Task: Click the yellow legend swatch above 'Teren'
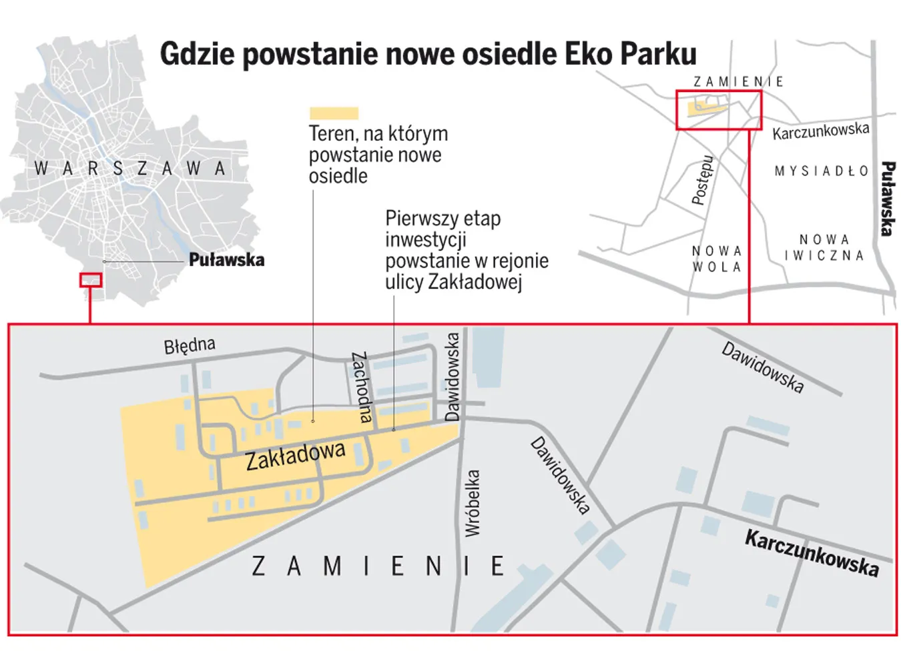point(334,113)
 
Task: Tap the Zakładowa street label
point(295,456)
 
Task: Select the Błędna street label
point(190,346)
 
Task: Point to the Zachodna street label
point(361,387)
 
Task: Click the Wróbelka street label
point(473,503)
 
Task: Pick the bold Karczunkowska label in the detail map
point(812,553)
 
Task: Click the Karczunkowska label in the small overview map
point(820,131)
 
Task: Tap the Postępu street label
point(701,179)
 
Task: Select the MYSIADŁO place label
point(822,171)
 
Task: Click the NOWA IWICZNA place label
point(824,247)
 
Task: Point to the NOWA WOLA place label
point(717,259)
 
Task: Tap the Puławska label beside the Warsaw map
point(226,259)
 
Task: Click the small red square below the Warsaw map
point(91,280)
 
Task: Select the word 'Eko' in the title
point(589,54)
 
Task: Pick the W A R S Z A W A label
point(130,169)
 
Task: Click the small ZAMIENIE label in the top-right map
point(738,81)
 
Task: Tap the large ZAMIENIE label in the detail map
point(378,566)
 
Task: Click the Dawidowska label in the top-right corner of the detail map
point(762,368)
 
